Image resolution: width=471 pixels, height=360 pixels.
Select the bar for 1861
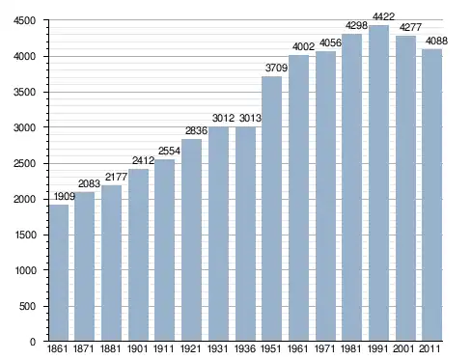coord(59,273)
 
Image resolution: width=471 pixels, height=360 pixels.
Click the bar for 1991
coord(378,183)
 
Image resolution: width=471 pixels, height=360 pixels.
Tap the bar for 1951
coord(272,208)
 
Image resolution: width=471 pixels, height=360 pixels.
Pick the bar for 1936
coord(245,234)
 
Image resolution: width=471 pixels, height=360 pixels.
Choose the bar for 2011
coord(432,195)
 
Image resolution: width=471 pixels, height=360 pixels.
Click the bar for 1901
coord(139,255)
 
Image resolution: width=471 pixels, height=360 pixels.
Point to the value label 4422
coord(383,16)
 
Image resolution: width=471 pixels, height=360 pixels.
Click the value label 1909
coord(65,196)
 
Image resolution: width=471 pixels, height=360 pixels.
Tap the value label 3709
coord(276,68)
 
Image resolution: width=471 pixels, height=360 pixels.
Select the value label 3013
coord(250,119)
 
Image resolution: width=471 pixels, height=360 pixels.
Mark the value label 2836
coord(196,130)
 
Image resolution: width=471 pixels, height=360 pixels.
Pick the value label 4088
coord(436,41)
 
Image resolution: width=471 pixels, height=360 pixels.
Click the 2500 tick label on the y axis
coord(24,163)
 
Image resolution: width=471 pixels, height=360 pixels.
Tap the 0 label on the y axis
coord(33,342)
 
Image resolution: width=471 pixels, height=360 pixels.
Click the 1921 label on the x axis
coord(191,348)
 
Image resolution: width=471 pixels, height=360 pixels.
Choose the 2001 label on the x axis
coord(403,348)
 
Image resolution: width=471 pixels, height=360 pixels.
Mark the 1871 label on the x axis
coord(83,348)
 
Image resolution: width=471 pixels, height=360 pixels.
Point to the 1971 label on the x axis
coord(324,348)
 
